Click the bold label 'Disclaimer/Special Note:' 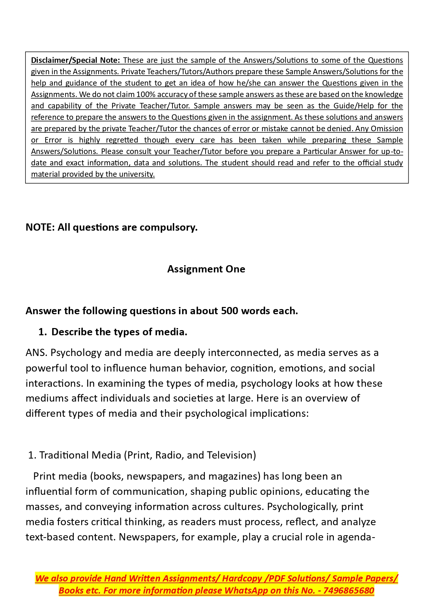75,60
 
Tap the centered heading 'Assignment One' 206,269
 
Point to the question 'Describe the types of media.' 119,332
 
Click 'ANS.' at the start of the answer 37,353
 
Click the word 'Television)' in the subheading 231,455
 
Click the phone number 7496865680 349,590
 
